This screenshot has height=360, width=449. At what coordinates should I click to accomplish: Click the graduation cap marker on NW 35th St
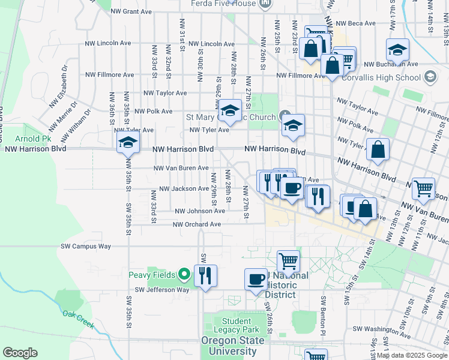tap(128, 143)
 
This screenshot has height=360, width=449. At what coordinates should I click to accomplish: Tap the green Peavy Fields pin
tap(184, 275)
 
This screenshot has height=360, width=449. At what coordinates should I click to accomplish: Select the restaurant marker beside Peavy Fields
tap(205, 275)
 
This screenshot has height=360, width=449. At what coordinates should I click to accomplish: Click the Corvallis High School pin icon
tap(429, 77)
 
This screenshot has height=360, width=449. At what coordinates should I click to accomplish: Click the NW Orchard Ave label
tap(197, 224)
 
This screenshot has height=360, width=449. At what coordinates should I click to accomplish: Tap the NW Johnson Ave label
tap(200, 211)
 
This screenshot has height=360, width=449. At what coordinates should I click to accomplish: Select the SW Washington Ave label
tap(381, 329)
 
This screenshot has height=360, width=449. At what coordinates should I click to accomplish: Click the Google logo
tap(20, 353)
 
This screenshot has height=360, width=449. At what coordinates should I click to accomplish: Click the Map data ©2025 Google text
tap(412, 355)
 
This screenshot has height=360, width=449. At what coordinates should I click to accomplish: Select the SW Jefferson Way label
tap(161, 290)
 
